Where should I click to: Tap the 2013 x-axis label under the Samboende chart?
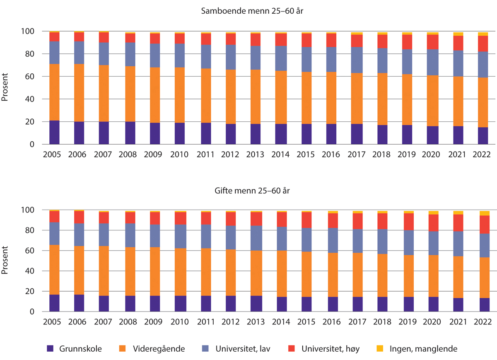(x=255, y=155)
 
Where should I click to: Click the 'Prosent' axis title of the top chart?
(x=5, y=88)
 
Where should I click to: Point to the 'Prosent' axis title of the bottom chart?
(x=5, y=261)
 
